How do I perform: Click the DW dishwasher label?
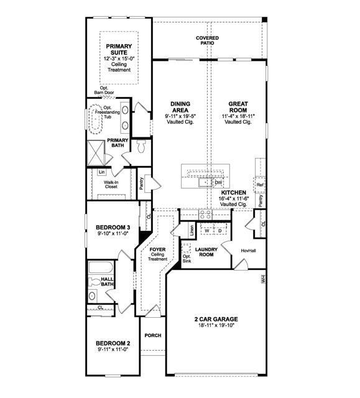(x=218, y=183)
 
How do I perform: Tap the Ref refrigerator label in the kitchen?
(x=260, y=185)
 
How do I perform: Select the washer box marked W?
(x=206, y=231)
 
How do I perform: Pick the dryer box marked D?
(x=219, y=231)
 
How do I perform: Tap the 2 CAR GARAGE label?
(x=216, y=320)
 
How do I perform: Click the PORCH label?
(x=152, y=335)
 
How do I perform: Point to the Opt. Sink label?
(x=187, y=259)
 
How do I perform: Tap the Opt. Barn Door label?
(x=101, y=91)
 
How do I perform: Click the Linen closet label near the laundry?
(x=192, y=230)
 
